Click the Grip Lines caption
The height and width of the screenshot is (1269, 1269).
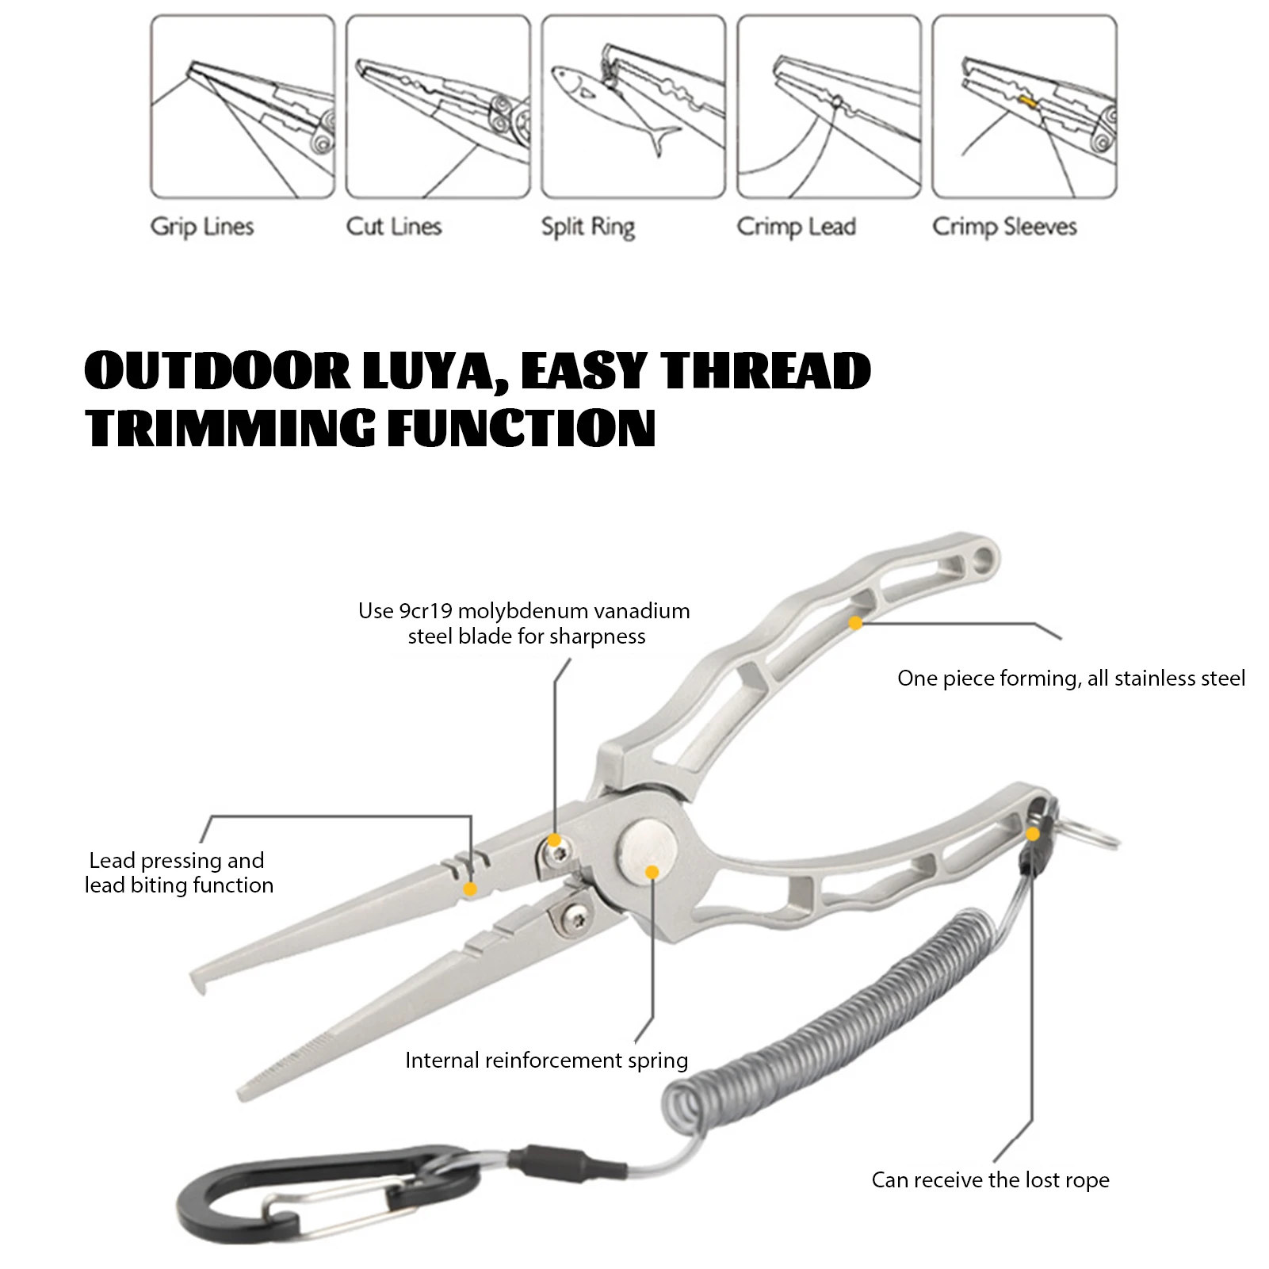point(202,227)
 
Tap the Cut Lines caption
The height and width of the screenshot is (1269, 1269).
point(393,227)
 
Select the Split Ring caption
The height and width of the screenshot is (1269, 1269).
point(587,227)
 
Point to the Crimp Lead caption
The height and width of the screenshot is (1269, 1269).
point(796,227)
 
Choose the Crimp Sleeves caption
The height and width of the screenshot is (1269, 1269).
point(1004,227)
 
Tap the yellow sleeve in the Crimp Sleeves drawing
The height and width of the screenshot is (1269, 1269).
point(1028,101)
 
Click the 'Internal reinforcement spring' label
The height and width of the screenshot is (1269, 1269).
point(546,1061)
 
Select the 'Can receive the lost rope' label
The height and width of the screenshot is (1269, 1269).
point(990,1180)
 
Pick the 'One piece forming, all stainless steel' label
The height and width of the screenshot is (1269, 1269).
point(1071,678)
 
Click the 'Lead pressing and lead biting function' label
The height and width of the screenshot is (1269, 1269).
point(179,873)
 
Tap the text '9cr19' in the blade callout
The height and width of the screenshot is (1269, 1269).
point(426,611)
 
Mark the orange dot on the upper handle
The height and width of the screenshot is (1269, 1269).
point(855,624)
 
